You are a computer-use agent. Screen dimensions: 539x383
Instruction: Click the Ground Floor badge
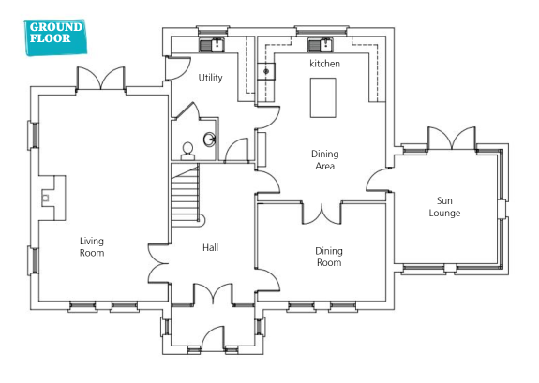[55, 37]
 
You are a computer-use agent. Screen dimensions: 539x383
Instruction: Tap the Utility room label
[210, 78]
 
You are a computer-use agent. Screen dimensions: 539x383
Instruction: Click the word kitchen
[325, 64]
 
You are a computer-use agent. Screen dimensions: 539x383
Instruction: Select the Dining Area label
[325, 160]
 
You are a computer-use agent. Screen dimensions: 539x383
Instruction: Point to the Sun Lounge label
[444, 206]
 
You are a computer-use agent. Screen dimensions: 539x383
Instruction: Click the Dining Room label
[329, 257]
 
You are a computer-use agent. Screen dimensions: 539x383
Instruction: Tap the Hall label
[210, 247]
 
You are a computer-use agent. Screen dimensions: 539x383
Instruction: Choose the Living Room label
[92, 246]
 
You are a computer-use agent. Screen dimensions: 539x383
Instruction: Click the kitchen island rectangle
[323, 98]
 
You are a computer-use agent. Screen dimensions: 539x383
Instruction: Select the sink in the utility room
[212, 45]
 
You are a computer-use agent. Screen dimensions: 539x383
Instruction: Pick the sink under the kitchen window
[321, 45]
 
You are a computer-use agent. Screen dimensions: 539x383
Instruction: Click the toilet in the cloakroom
[187, 152]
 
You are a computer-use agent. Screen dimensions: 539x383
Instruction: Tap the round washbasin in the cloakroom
[210, 140]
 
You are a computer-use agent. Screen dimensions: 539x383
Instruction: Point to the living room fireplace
[52, 198]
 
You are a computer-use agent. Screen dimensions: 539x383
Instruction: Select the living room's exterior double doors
[100, 79]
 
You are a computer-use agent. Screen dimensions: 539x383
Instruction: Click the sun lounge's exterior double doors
[452, 138]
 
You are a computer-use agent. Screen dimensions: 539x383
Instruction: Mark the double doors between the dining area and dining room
[322, 214]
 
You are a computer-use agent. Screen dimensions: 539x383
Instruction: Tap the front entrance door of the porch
[213, 338]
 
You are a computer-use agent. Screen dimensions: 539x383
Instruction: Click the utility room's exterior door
[178, 68]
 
